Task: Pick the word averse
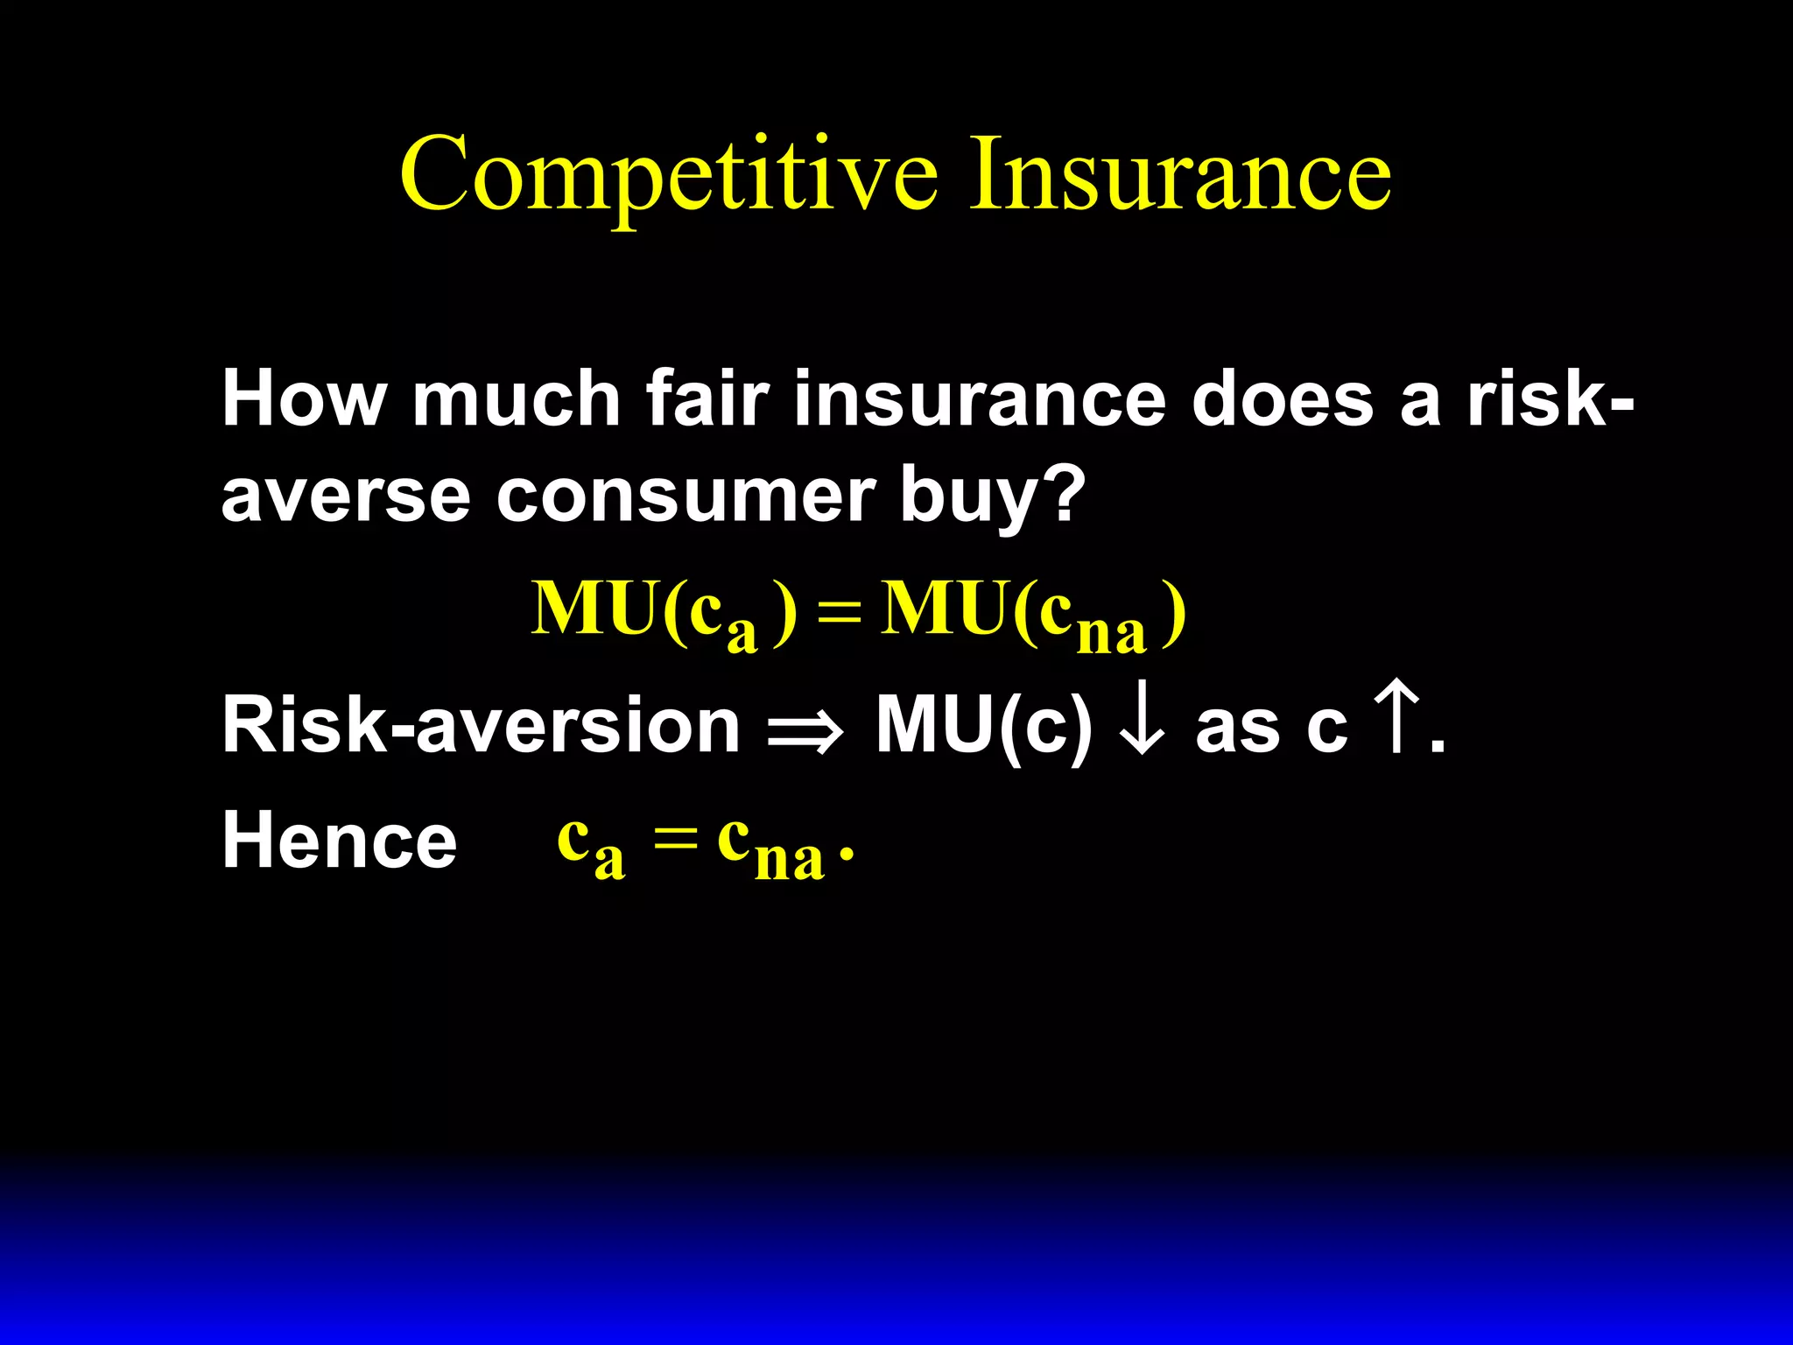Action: point(346,496)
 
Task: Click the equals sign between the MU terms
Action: point(838,613)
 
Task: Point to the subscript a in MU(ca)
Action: point(742,633)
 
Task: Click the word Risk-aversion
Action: point(481,725)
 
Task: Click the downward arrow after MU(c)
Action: point(1143,725)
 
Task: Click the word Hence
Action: point(340,841)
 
